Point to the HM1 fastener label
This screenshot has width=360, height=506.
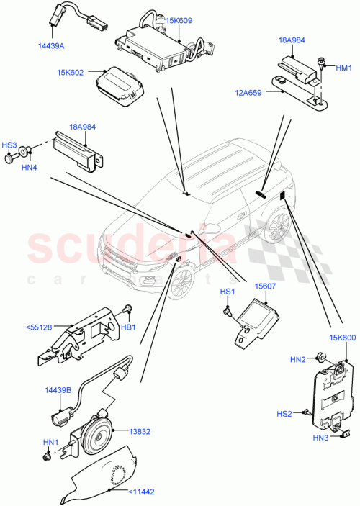click(344, 67)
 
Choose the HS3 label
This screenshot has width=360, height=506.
click(9, 145)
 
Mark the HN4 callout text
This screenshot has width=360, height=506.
click(29, 168)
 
